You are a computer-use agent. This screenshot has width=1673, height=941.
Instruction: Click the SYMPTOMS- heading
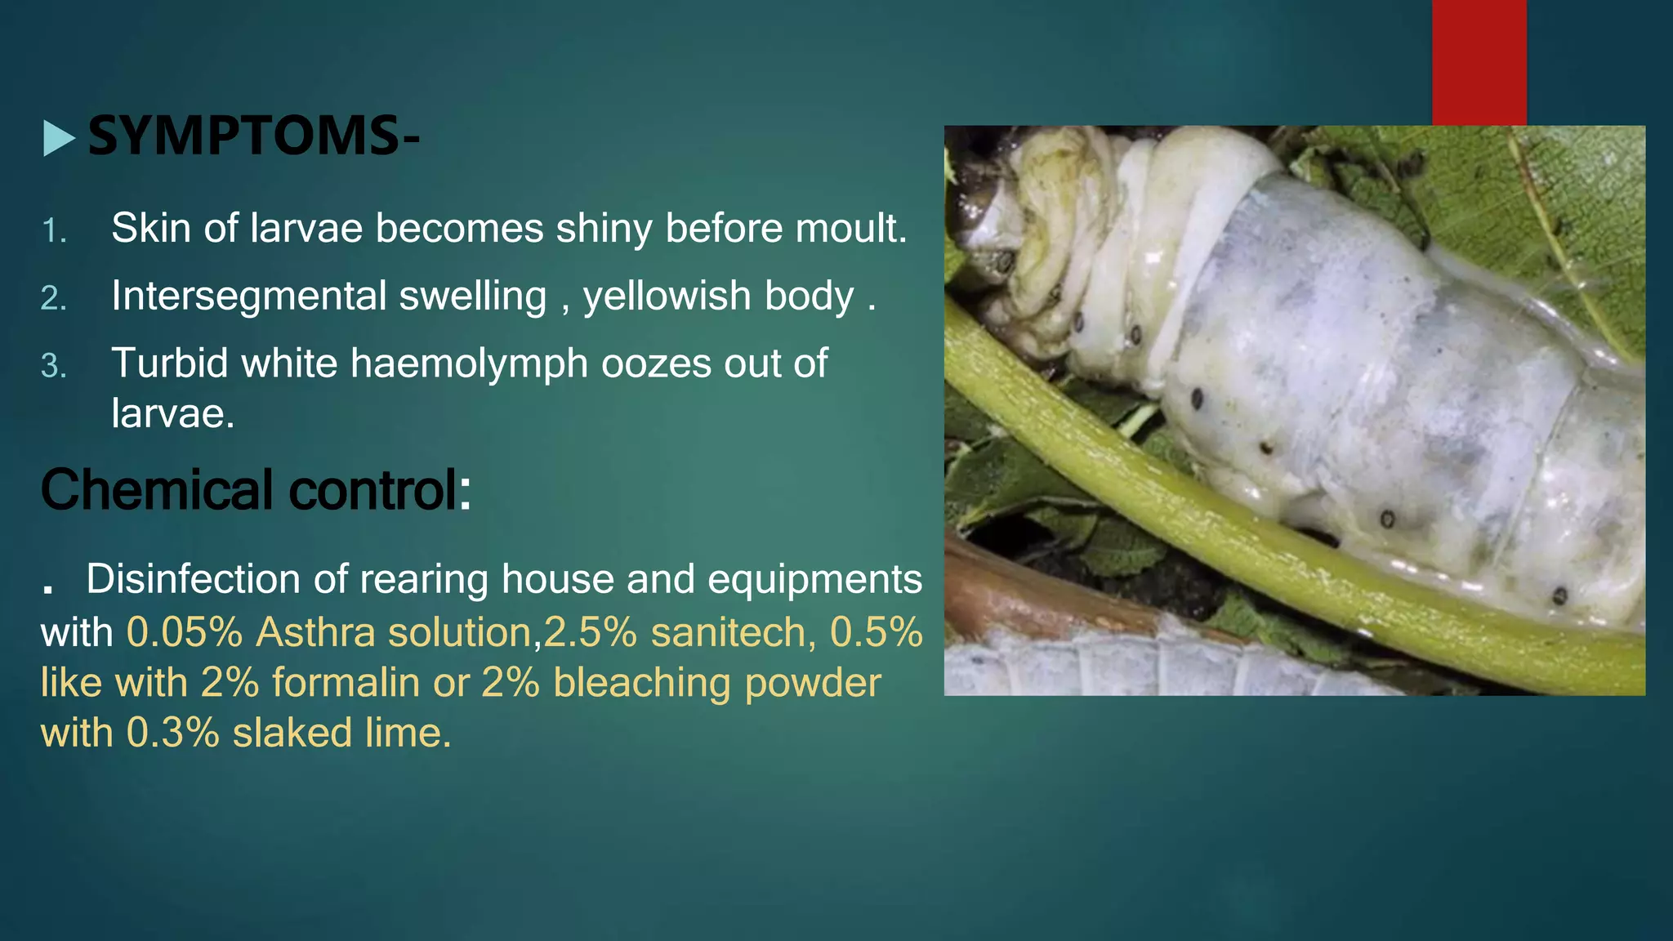click(x=253, y=136)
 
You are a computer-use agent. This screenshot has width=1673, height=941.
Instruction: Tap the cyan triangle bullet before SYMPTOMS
click(x=59, y=138)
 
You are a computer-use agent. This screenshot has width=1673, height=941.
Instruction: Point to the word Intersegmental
click(x=247, y=296)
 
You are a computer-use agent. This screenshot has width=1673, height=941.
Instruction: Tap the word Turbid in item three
click(x=169, y=363)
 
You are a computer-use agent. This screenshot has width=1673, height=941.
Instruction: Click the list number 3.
click(x=54, y=366)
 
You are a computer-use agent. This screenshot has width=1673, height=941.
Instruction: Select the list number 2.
click(x=54, y=298)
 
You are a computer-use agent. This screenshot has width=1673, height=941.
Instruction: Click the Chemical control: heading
click(x=256, y=490)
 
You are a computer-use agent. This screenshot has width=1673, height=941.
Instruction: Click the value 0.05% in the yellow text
click(x=185, y=632)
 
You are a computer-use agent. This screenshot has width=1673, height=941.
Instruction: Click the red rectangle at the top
click(x=1479, y=62)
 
